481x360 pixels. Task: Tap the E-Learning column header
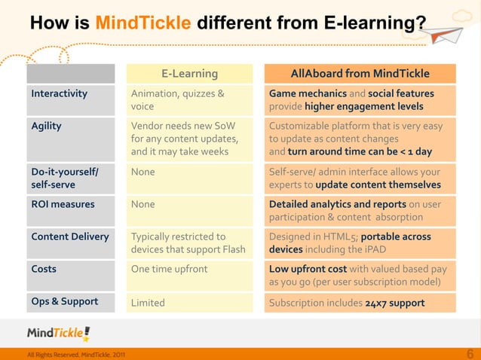pos(189,73)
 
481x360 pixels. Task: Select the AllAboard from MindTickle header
pos(360,73)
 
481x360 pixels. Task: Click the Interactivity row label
pos(59,94)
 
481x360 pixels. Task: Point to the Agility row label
pos(47,127)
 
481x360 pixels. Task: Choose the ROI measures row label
pos(63,204)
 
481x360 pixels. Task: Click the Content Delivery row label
pos(70,236)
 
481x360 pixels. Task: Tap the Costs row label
pos(44,269)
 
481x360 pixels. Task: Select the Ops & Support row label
pos(65,302)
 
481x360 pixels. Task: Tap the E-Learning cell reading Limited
pos(148,303)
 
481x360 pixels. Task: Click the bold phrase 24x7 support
pos(394,303)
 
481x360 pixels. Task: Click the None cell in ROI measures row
pos(143,204)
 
